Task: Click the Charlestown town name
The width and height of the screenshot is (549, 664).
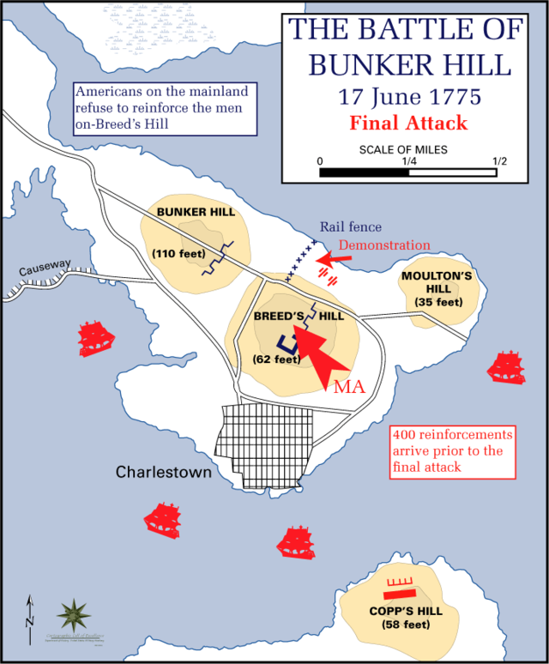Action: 164,473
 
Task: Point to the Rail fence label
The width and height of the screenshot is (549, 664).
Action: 351,227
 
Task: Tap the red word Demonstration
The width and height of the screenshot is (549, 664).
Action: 384,245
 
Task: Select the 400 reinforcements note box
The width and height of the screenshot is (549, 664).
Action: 452,450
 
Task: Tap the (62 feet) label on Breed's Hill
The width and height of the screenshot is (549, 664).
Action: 277,359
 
